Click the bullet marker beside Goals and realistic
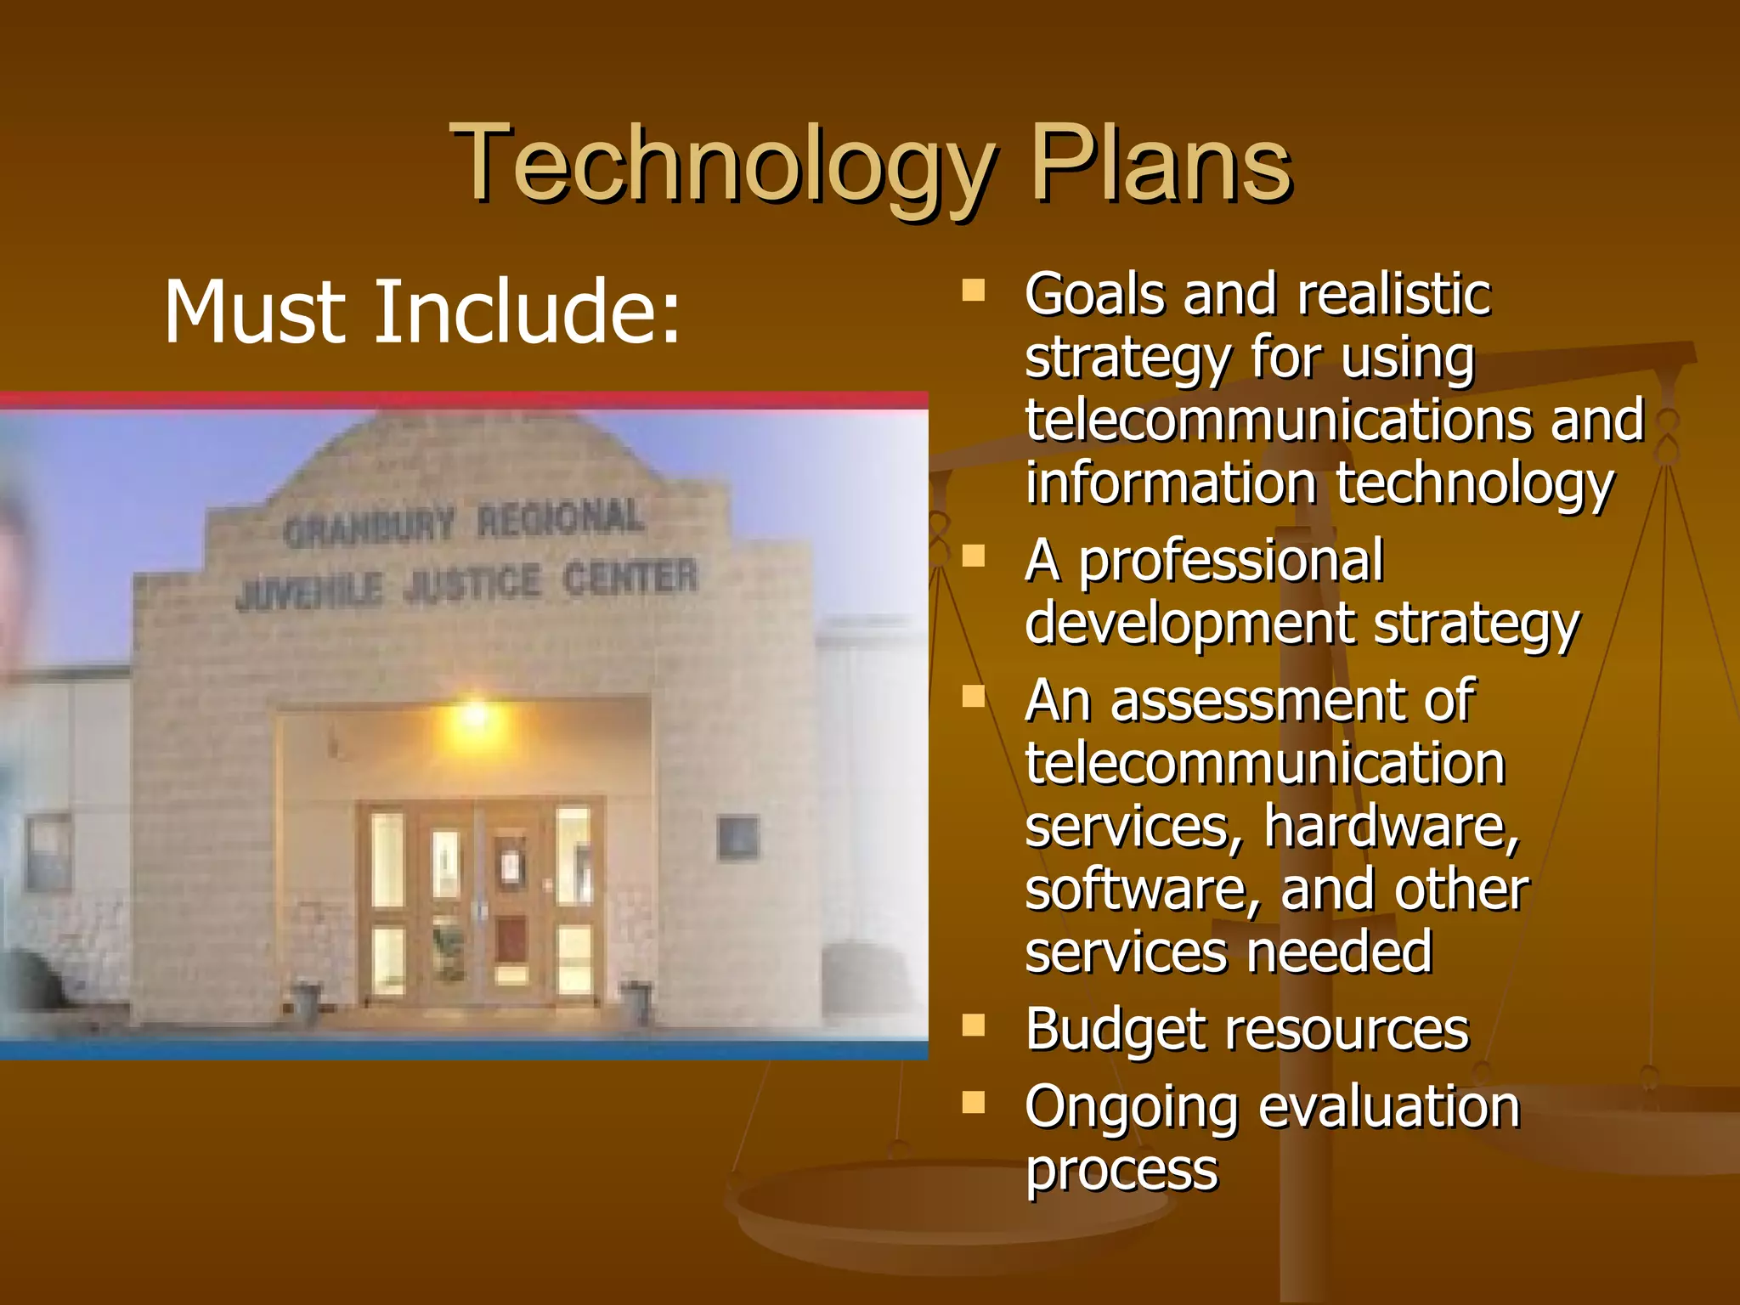973,291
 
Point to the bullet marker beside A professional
973,556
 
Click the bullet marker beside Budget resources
973,1026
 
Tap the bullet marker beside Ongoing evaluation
973,1103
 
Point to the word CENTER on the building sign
630,579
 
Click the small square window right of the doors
737,837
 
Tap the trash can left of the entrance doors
305,1003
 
